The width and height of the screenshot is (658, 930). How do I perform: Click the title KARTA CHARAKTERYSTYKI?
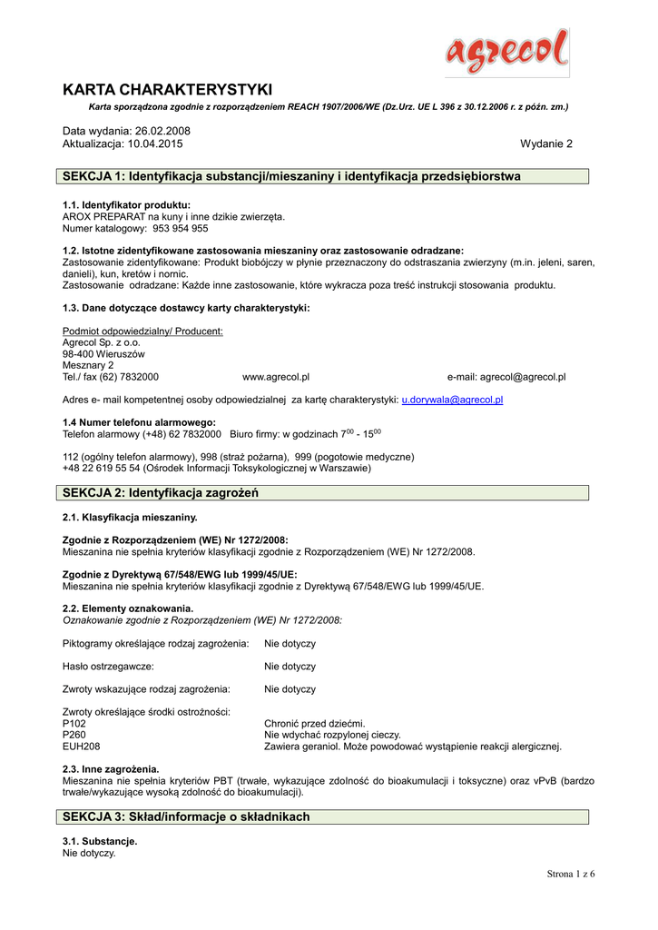pyautogui.click(x=167, y=89)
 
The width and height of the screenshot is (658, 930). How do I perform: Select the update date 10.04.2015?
pyautogui.click(x=154, y=143)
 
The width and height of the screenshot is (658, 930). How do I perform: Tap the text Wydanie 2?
pyautogui.click(x=546, y=143)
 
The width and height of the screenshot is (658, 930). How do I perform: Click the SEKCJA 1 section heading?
pyautogui.click(x=290, y=176)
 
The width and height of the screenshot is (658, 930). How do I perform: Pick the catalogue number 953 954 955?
pyautogui.click(x=174, y=229)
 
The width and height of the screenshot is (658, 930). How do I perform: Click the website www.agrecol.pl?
pyautogui.click(x=276, y=376)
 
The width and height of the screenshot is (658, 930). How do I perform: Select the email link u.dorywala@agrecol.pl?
pyautogui.click(x=453, y=399)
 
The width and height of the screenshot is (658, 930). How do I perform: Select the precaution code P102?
pyautogui.click(x=74, y=724)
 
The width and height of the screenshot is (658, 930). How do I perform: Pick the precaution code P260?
pyautogui.click(x=74, y=735)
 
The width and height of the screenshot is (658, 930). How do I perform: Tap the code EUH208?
pyautogui.click(x=81, y=747)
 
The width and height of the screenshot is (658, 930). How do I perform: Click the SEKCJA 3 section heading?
pyautogui.click(x=186, y=816)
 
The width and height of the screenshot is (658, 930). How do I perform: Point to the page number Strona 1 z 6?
pyautogui.click(x=570, y=874)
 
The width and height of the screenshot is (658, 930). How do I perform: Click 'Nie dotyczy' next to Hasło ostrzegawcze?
pyautogui.click(x=290, y=666)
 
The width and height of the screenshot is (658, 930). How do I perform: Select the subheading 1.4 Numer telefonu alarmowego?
pyautogui.click(x=139, y=422)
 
